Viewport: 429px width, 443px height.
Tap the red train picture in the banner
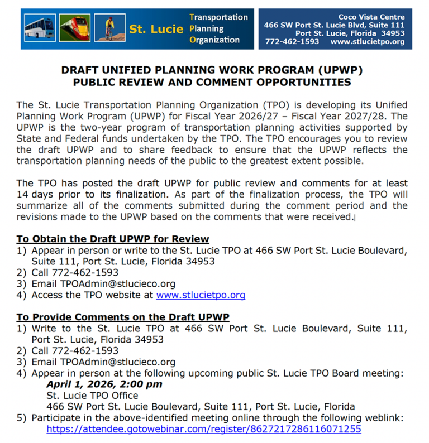(74, 29)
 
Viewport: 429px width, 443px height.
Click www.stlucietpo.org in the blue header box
(367, 42)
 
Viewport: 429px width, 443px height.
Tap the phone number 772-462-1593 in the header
(292, 42)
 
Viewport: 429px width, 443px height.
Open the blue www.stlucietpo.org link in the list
(201, 295)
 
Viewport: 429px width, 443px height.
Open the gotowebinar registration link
(204, 429)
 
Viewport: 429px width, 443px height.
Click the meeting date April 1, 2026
(82, 384)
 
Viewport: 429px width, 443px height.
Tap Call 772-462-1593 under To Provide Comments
(75, 351)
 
